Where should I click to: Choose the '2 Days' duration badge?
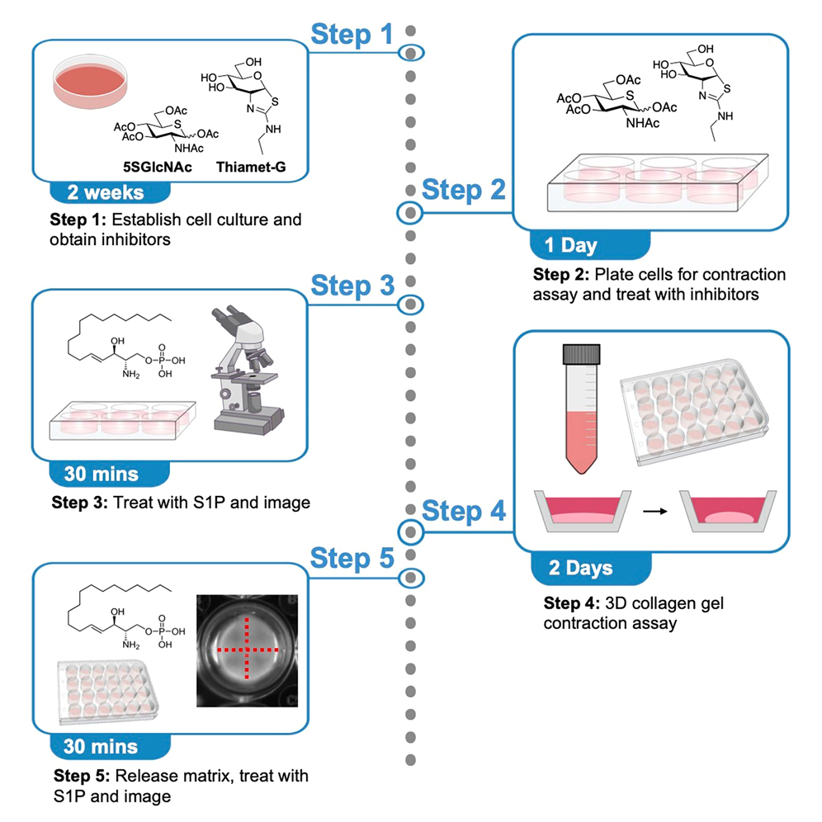click(x=582, y=568)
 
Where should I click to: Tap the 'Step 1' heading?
click(x=352, y=35)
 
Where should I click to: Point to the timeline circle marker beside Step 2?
click(x=410, y=214)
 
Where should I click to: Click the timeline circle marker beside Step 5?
click(x=410, y=576)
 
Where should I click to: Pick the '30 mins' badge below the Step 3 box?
click(x=102, y=475)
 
